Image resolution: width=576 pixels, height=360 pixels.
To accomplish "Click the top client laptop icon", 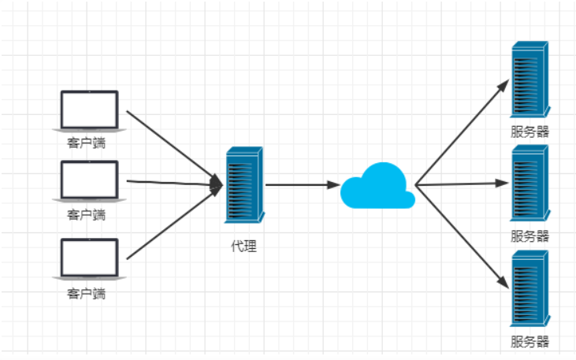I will [90, 110].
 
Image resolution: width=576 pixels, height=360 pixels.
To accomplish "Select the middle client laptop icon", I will [90, 180].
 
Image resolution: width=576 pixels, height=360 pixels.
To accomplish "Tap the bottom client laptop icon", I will [90, 258].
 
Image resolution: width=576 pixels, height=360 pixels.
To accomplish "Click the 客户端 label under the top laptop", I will [87, 144].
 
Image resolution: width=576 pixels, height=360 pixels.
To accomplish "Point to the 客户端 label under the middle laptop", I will [87, 214].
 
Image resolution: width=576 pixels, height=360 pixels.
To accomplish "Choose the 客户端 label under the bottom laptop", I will [87, 294].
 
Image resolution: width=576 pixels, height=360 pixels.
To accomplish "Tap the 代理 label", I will [243, 246].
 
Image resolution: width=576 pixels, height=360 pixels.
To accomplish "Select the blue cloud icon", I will [377, 186].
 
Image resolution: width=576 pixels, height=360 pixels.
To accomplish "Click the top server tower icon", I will [529, 80].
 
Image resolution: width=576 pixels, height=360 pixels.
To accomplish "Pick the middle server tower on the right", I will [529, 184].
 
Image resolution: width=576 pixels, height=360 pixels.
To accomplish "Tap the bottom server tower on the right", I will [529, 288].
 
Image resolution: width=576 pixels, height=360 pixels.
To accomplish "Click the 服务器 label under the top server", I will [530, 132].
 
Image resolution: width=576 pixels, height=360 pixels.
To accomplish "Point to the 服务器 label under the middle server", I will [530, 236].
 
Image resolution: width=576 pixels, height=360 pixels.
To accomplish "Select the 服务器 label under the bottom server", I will [530, 342].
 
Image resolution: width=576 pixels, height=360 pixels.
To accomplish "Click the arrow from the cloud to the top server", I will [461, 133].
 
